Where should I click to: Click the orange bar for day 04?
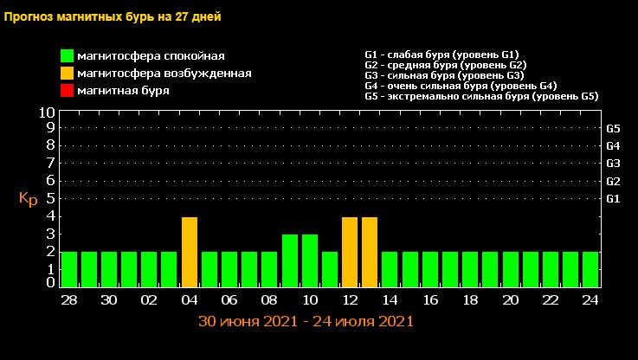(190, 251)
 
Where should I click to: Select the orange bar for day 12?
(350, 251)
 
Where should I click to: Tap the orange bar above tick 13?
(370, 251)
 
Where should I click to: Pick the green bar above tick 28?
(68, 268)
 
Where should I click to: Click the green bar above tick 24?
(590, 268)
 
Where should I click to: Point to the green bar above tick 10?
(309, 260)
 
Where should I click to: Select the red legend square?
(67, 90)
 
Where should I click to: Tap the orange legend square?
(67, 74)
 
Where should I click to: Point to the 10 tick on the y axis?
(47, 112)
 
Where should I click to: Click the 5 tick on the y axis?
(51, 198)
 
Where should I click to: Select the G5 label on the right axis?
(613, 128)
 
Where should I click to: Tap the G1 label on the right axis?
(613, 198)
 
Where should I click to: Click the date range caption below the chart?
(306, 321)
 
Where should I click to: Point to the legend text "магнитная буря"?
(123, 90)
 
